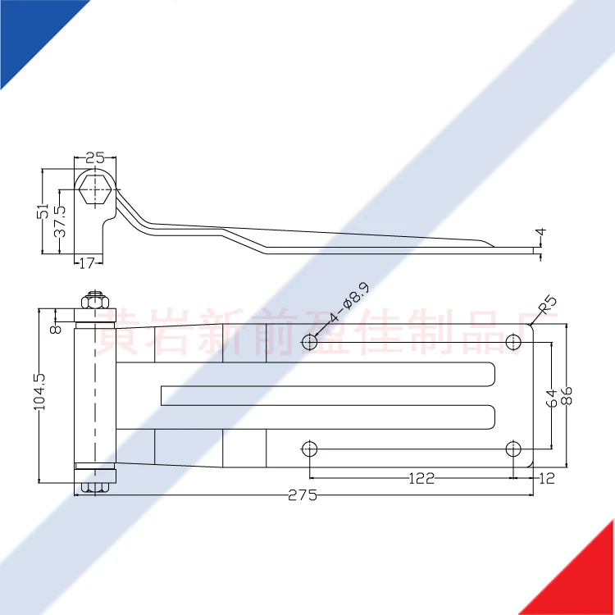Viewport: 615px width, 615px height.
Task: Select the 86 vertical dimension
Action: pyautogui.click(x=565, y=396)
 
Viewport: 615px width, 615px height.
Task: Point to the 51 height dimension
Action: pyautogui.click(x=43, y=212)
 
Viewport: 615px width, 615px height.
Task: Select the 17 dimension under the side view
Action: pyautogui.click(x=87, y=262)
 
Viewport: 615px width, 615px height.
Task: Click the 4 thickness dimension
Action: pyautogui.click(x=540, y=235)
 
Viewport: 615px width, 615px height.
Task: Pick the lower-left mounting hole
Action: pyautogui.click(x=310, y=449)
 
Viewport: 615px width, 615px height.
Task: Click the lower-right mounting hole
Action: pyautogui.click(x=513, y=449)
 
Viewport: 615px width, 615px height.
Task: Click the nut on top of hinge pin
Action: pyautogui.click(x=93, y=300)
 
